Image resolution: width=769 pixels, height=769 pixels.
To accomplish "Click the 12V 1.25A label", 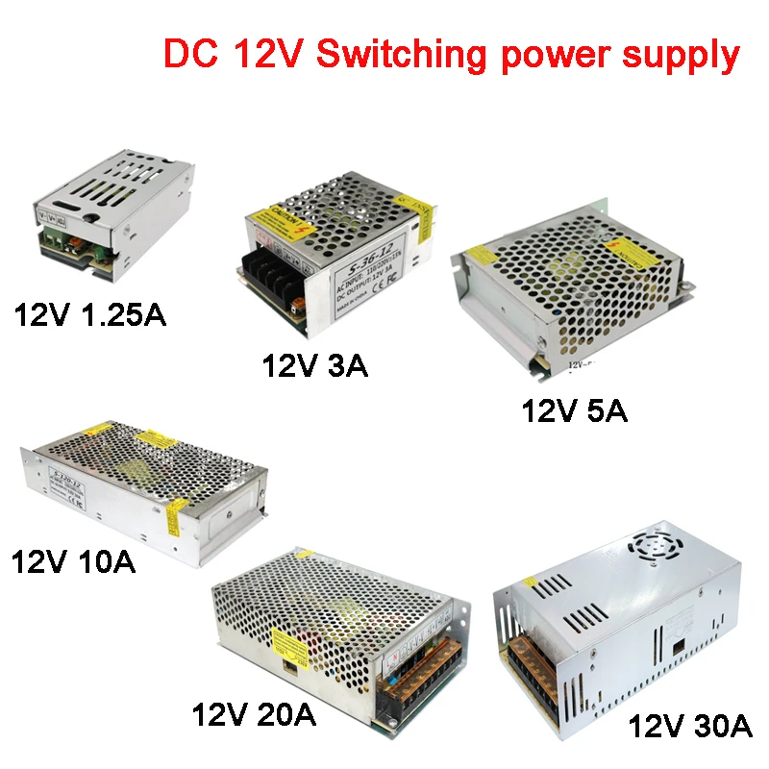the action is pyautogui.click(x=88, y=314).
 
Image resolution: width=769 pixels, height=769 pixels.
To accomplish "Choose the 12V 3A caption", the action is pyautogui.click(x=315, y=365).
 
